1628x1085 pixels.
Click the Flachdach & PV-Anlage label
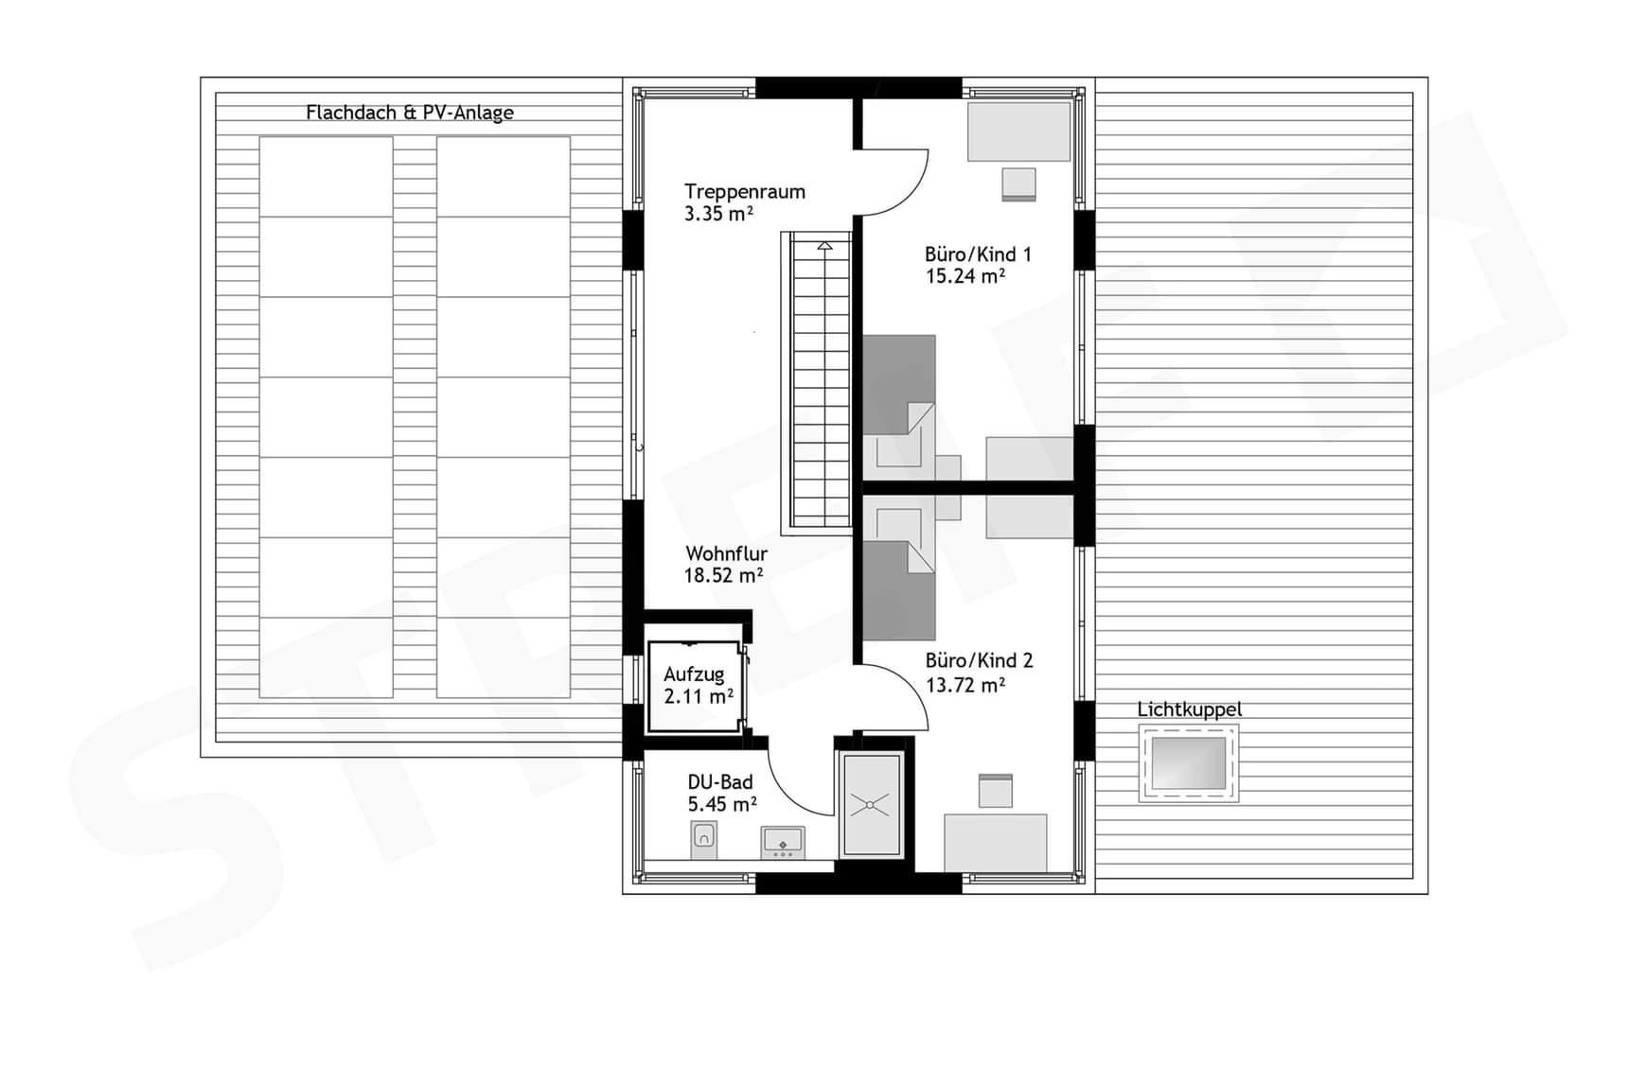[409, 113]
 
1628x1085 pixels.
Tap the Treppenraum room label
[745, 192]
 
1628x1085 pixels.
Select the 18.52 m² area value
[723, 575]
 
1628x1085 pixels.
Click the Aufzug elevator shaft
[696, 686]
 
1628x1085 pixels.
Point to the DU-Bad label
[720, 782]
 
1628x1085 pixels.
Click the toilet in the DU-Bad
[703, 839]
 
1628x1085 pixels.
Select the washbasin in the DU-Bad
[783, 841]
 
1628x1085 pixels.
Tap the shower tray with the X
[871, 805]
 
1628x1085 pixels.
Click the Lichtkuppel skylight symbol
[1188, 762]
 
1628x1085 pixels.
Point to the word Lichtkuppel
[1189, 709]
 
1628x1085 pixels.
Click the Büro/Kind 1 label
[978, 254]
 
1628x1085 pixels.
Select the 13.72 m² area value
[964, 685]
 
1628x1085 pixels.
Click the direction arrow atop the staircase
[824, 246]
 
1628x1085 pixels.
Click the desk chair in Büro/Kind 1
[1018, 184]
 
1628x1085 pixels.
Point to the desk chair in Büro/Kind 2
[995, 791]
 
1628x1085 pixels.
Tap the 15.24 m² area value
[964, 276]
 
